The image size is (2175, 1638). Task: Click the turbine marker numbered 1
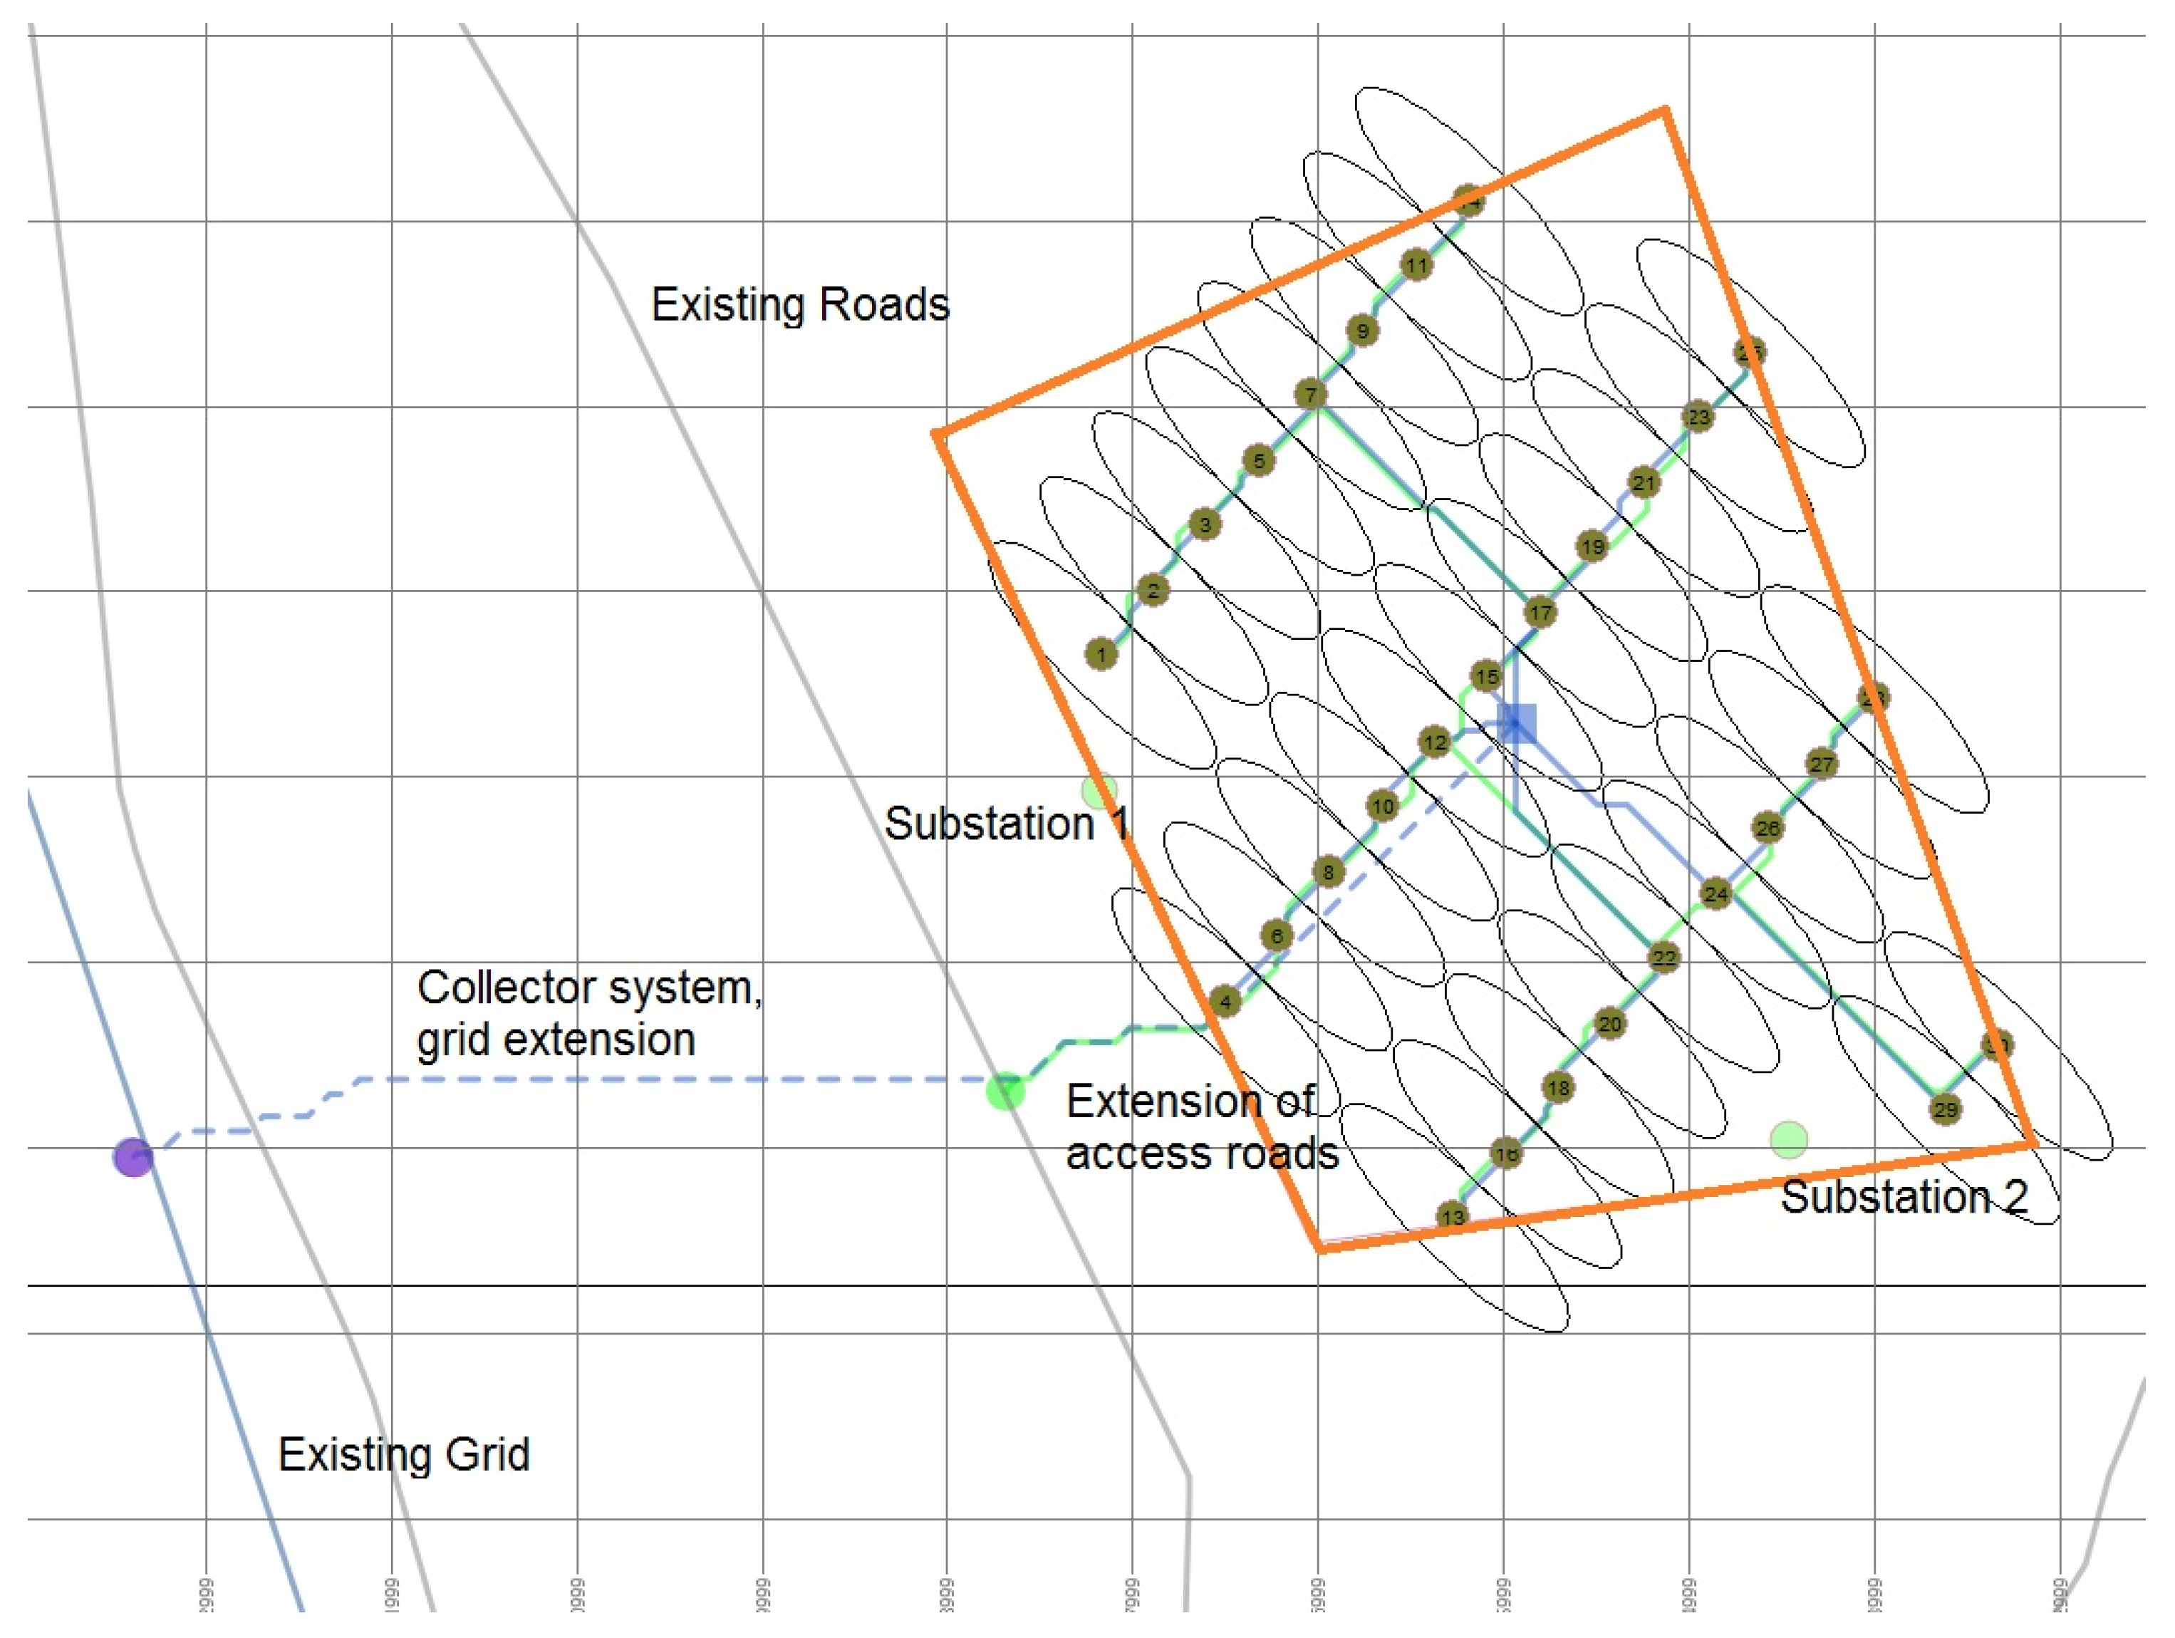click(x=1101, y=654)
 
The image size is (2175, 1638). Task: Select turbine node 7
click(x=1309, y=395)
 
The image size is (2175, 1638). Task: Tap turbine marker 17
click(x=1540, y=613)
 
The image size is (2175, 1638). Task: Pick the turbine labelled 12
click(x=1435, y=742)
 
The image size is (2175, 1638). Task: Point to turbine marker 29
click(x=1945, y=1110)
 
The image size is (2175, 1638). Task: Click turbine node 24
click(x=1715, y=893)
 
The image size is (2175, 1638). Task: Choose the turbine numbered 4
click(x=1225, y=1002)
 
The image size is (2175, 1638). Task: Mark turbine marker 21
click(x=1644, y=483)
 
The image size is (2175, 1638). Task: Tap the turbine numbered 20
click(x=1609, y=1025)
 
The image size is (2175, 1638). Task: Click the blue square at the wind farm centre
click(x=1516, y=724)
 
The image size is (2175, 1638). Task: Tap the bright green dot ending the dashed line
click(x=1005, y=1092)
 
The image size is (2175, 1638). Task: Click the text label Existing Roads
click(x=800, y=305)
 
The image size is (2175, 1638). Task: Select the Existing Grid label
click(x=404, y=1454)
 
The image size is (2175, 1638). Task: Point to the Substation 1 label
click(x=1007, y=824)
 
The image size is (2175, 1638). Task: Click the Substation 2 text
click(x=1904, y=1198)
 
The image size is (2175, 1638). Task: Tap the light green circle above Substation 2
click(x=1789, y=1139)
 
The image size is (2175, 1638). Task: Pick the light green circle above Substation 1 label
click(x=1099, y=789)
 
